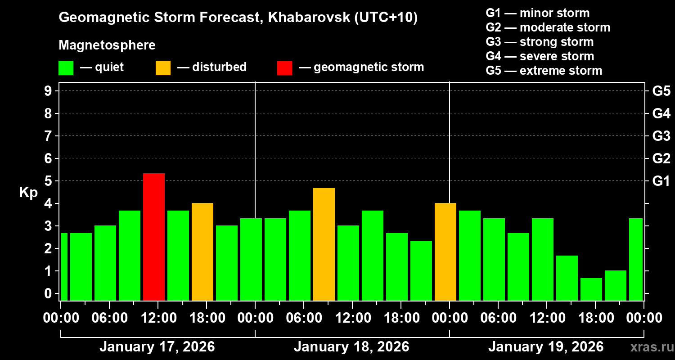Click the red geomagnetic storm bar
click(x=154, y=237)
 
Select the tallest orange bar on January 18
click(x=324, y=244)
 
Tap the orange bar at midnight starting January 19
click(x=445, y=252)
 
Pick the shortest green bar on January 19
click(x=591, y=289)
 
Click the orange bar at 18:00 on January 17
click(x=202, y=252)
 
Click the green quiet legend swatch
click(x=66, y=68)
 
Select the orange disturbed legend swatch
click(x=163, y=68)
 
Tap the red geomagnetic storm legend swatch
click(x=284, y=68)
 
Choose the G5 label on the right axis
click(x=661, y=91)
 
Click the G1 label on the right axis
click(x=661, y=181)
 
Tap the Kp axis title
click(x=28, y=193)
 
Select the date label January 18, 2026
click(x=351, y=347)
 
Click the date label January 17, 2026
click(x=157, y=347)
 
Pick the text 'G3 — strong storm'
click(x=540, y=42)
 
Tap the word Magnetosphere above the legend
click(x=107, y=45)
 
